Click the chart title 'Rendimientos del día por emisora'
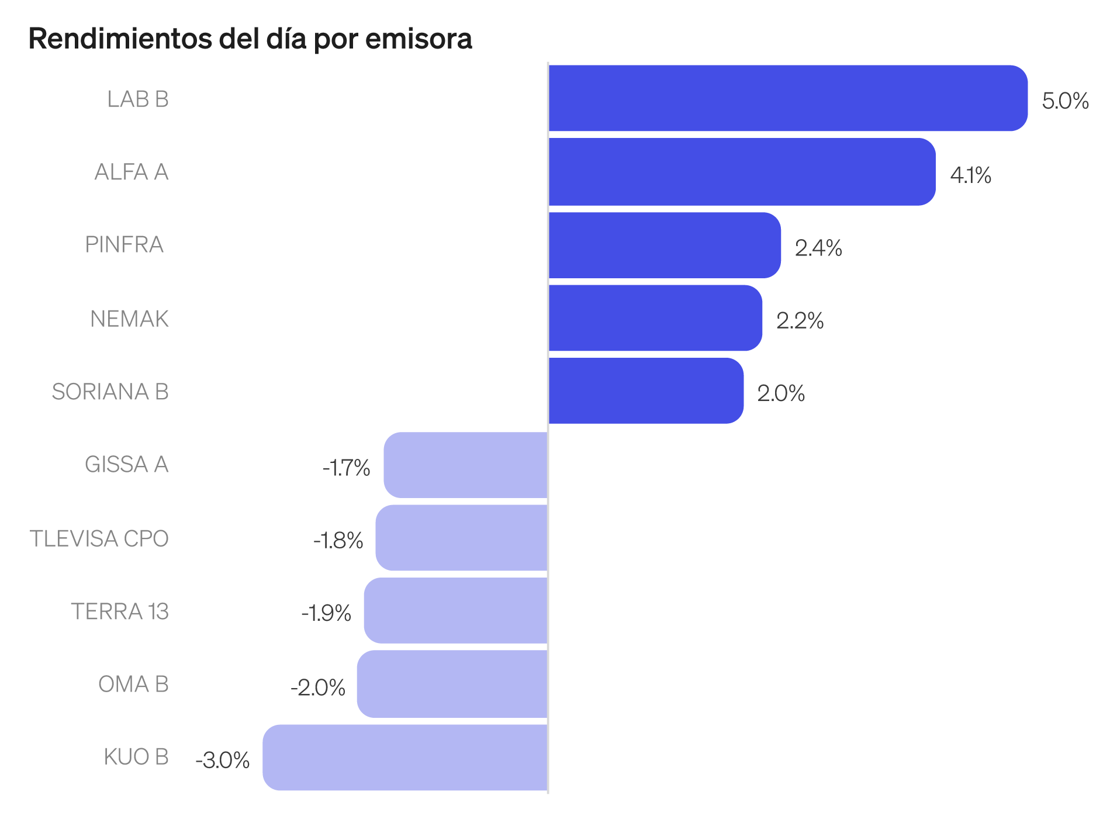pos(250,39)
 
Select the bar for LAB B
pos(787,98)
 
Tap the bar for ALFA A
pos(742,172)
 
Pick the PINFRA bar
pos(664,245)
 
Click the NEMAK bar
pos(655,318)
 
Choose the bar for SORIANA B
pos(645,391)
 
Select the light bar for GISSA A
pos(466,465)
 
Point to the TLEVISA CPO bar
pos(462,538)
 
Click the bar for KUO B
pos(405,758)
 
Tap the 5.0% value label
pos(1065,101)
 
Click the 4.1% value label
pos(970,175)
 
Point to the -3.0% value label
pos(223,760)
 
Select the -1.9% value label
pos(326,613)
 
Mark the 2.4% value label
pos(818,248)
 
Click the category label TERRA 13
pos(120,611)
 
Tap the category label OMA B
pos(133,684)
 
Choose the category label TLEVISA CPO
pos(99,538)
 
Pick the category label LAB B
pos(138,99)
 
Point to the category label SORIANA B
pos(110,392)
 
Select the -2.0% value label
pos(318,687)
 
